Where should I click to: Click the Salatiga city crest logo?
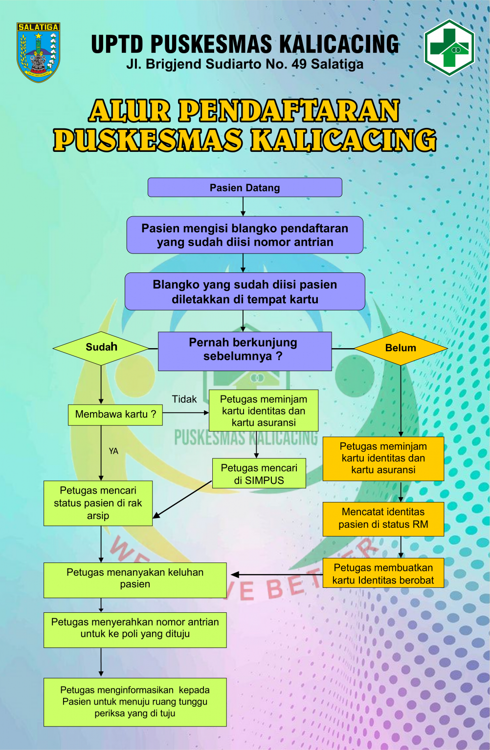[38, 51]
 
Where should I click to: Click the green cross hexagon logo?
[449, 47]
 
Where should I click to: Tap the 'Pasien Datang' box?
[245, 187]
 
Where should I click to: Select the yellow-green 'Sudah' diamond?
[101, 348]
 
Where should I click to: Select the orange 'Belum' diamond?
[401, 348]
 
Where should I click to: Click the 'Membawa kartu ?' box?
[115, 415]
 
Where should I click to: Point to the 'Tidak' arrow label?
[184, 399]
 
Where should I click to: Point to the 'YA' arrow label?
[113, 451]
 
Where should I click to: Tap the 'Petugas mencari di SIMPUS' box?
[259, 474]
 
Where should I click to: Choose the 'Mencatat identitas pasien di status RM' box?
[383, 519]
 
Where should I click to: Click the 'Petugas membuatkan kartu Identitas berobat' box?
[383, 573]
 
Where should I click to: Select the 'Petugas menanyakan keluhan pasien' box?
[135, 580]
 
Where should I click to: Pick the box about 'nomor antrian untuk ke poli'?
[135, 629]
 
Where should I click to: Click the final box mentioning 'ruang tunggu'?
[135, 702]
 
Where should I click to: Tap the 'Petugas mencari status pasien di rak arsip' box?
[98, 503]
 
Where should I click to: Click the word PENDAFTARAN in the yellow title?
[289, 111]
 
